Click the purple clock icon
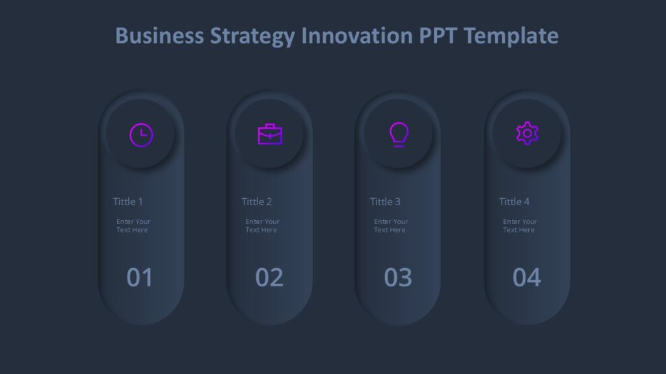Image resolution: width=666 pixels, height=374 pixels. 141,135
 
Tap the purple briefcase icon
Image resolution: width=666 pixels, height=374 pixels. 270,134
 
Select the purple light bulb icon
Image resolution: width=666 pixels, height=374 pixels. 399,134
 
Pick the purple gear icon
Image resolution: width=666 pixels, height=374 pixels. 527,134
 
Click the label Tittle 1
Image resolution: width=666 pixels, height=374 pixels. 128,201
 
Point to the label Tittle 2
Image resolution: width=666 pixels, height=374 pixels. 257,201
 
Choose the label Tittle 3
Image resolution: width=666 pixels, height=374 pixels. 386,201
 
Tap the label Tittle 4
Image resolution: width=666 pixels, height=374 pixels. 514,201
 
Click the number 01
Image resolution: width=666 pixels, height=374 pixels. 140,277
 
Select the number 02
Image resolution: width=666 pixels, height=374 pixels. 269,277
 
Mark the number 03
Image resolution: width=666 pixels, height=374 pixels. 398,277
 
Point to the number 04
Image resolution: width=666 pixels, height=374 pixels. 527,277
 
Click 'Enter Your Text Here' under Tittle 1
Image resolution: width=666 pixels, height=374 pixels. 133,226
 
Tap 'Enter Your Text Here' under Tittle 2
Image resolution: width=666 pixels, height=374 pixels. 262,226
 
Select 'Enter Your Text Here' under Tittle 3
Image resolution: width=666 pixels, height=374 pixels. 391,226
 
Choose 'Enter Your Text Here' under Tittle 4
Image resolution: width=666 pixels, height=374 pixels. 520,226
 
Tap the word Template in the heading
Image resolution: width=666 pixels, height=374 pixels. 511,36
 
